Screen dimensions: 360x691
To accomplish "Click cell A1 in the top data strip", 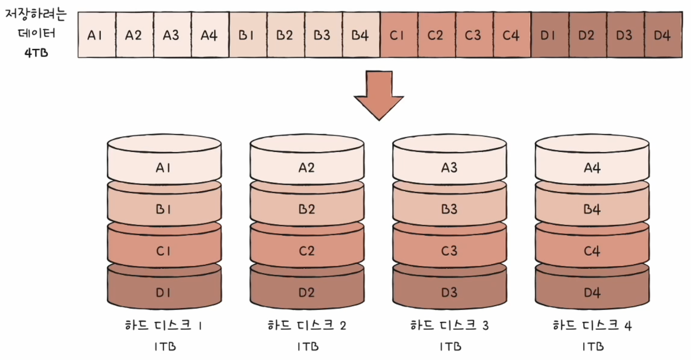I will (x=97, y=35).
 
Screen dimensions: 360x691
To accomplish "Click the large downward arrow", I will (x=379, y=95).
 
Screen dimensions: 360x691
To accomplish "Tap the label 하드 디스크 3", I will (x=449, y=325).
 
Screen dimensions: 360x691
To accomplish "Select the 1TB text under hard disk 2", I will (x=308, y=346).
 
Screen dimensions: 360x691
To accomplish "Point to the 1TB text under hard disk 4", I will (x=593, y=346).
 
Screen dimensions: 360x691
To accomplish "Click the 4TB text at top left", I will (x=36, y=53).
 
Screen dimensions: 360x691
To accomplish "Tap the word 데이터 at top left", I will (x=36, y=33).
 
